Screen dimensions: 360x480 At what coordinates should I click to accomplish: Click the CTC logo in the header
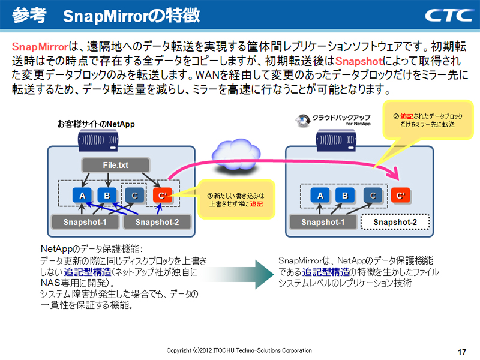point(447,14)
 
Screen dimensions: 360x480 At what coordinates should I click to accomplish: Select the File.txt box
point(114,164)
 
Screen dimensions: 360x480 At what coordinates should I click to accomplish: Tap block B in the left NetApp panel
point(107,195)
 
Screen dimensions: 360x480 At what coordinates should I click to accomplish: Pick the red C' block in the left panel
point(162,195)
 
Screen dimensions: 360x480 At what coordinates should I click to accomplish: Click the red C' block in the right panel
point(400,195)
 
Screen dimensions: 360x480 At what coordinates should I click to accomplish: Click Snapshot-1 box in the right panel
point(323,222)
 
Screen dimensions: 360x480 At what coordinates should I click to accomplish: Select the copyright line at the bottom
point(239,350)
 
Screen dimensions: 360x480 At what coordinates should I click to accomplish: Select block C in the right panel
point(373,195)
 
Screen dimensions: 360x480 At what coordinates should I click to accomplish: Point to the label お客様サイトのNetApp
point(96,124)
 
